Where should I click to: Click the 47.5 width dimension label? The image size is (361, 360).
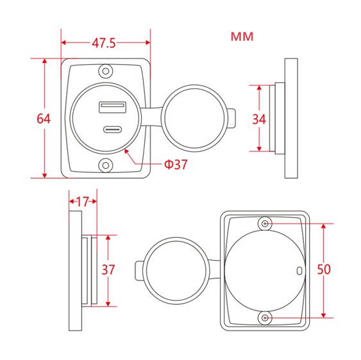pyautogui.click(x=104, y=44)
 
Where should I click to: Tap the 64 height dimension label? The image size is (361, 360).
pyautogui.click(x=44, y=119)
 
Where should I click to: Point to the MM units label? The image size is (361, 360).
pyautogui.click(x=242, y=37)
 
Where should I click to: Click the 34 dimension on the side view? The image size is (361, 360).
pyautogui.click(x=259, y=119)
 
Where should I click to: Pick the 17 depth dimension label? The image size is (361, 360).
pyautogui.click(x=83, y=201)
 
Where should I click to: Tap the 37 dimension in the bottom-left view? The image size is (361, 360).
pyautogui.click(x=108, y=270)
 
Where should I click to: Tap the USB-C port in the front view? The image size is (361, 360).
pyautogui.click(x=108, y=130)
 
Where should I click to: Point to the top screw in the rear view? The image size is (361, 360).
pyautogui.click(x=265, y=223)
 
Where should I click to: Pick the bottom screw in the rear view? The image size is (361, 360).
pyautogui.click(x=265, y=318)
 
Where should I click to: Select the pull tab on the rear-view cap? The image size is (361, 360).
pyautogui.click(x=138, y=270)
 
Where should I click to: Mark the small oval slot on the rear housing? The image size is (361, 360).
pyautogui.click(x=299, y=270)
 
